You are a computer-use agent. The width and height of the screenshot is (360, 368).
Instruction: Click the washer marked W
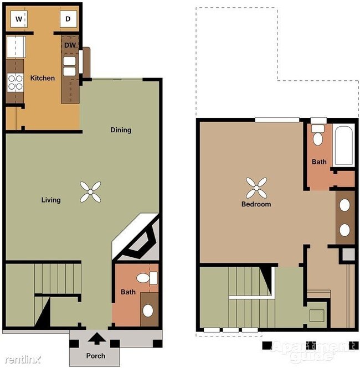point(19,19)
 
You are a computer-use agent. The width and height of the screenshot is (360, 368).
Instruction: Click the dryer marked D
point(69,19)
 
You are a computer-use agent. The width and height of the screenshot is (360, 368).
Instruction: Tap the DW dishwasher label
point(70,45)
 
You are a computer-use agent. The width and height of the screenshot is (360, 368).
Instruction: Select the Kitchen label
point(43,78)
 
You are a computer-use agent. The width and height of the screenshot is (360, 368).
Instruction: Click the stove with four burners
point(14,82)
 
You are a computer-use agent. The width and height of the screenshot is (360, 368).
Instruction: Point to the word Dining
point(121,130)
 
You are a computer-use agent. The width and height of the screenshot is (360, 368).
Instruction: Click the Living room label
point(51,200)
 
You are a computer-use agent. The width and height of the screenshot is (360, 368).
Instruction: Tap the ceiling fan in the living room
point(90,192)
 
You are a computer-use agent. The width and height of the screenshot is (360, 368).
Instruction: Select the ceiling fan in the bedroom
point(256,188)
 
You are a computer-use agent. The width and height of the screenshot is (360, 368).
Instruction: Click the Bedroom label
point(256,204)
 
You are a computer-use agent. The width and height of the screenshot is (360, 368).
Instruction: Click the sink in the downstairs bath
point(148,310)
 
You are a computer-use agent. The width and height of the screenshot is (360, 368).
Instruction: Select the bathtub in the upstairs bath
point(343,146)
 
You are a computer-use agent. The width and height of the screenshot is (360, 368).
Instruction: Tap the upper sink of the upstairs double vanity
point(344,205)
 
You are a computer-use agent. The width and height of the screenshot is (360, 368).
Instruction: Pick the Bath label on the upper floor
point(319,162)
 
